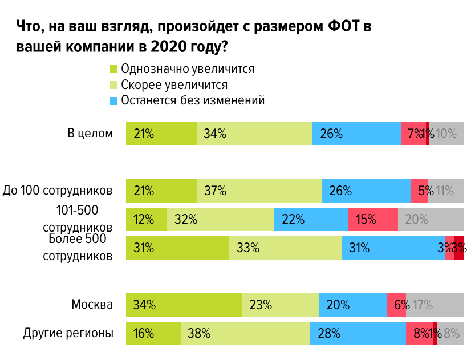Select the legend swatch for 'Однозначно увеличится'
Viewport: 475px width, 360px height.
(x=113, y=69)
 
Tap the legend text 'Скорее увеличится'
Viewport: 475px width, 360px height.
(x=174, y=85)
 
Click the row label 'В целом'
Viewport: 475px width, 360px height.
(x=90, y=134)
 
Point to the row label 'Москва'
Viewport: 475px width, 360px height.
(x=92, y=305)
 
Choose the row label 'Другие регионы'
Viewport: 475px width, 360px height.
(x=68, y=333)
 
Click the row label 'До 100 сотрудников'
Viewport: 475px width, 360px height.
(x=58, y=191)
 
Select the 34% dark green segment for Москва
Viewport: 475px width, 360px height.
(x=184, y=305)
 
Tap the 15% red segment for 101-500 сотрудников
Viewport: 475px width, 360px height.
(x=373, y=219)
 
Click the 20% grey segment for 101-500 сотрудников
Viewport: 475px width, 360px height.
(x=431, y=219)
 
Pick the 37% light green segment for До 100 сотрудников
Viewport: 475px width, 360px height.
(x=259, y=191)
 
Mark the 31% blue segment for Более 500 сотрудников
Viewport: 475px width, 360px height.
(x=393, y=248)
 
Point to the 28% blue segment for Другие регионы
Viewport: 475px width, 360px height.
(x=358, y=333)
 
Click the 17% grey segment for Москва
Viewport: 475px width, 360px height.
(x=435, y=305)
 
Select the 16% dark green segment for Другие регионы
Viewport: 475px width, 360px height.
(x=153, y=333)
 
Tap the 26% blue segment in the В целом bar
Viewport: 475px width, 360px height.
(x=356, y=134)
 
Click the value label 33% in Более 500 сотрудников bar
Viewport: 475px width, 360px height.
(x=248, y=248)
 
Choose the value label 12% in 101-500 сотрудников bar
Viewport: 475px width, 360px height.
(x=144, y=220)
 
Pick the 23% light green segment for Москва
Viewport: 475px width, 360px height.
(x=280, y=305)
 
